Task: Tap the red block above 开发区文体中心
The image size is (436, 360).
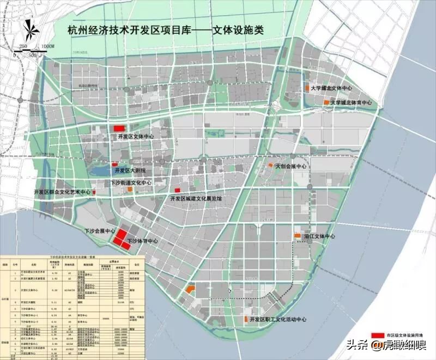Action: point(120,127)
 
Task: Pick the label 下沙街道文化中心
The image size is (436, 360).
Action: point(131,183)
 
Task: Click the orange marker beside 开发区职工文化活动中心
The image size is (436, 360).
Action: point(246,318)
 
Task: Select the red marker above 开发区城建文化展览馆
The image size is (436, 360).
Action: point(177,190)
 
